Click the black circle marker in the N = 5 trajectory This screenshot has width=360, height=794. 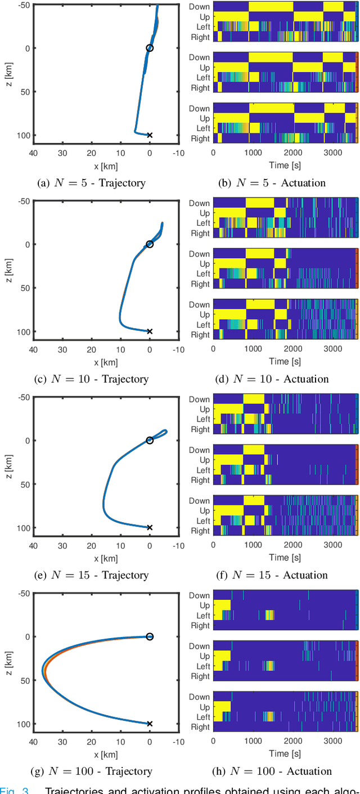pyautogui.click(x=150, y=48)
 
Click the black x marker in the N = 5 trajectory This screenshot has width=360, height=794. pyautogui.click(x=150, y=135)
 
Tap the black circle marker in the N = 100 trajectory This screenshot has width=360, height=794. pyautogui.click(x=150, y=636)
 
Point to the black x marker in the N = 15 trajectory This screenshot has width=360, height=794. pyautogui.click(x=150, y=527)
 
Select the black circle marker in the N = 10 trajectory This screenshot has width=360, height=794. pyautogui.click(x=150, y=244)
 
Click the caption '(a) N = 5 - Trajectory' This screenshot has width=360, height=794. pyautogui.click(x=91, y=182)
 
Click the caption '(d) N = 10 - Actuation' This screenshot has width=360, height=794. pyautogui.click(x=272, y=379)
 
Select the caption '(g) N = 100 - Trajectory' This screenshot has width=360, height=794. pyautogui.click(x=91, y=771)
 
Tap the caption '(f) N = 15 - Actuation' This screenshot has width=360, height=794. pyautogui.click(x=272, y=575)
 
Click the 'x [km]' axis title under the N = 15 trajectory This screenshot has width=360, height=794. pyautogui.click(x=106, y=558)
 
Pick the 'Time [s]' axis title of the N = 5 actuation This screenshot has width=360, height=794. pyautogui.click(x=285, y=165)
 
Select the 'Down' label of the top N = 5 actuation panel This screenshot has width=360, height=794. pyautogui.click(x=199, y=7)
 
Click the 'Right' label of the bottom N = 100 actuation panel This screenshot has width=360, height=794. pyautogui.click(x=200, y=727)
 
